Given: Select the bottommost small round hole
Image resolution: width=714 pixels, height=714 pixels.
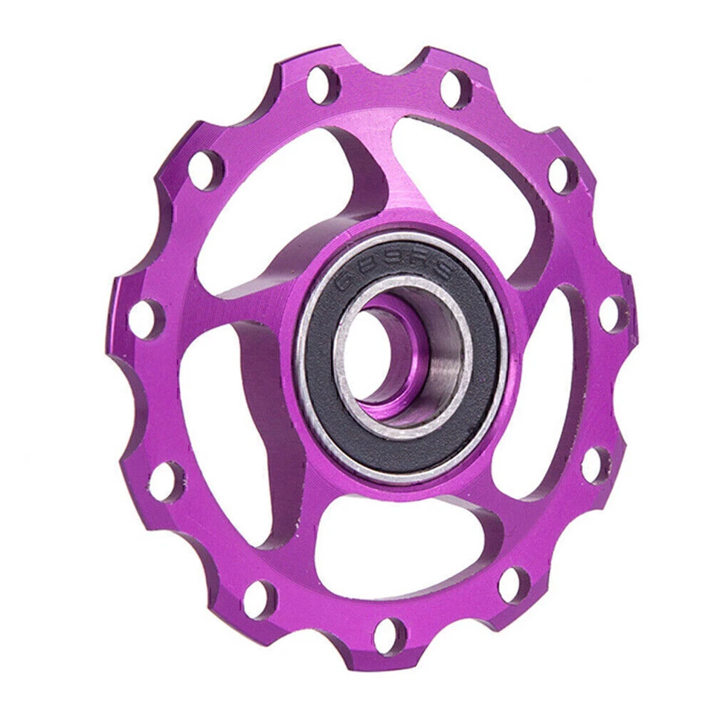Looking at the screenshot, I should click(x=390, y=637).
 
